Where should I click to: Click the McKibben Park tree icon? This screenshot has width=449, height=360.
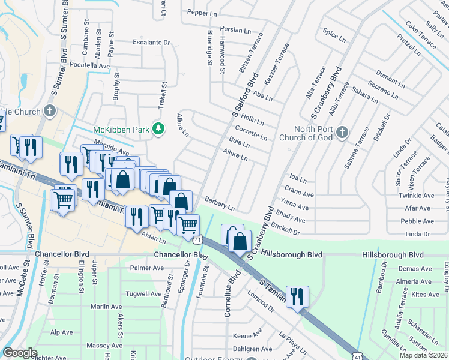click(x=159, y=130)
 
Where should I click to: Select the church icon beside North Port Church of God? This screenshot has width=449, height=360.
click(x=342, y=132)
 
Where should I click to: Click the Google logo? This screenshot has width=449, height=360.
click(x=20, y=353)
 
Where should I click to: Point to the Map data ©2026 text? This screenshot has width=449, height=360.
click(x=423, y=355)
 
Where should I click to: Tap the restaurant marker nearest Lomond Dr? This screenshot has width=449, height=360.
click(x=297, y=296)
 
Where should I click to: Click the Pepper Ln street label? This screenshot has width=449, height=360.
click(x=202, y=13)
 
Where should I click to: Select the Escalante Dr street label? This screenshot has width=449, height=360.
click(x=151, y=43)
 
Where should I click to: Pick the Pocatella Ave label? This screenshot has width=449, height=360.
click(x=91, y=65)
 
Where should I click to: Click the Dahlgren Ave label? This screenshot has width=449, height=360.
click(x=252, y=349)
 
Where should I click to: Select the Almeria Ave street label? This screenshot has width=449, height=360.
click(x=413, y=281)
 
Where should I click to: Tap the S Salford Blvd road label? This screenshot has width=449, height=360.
click(x=245, y=95)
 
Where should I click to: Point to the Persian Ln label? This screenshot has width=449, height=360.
click(x=235, y=30)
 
